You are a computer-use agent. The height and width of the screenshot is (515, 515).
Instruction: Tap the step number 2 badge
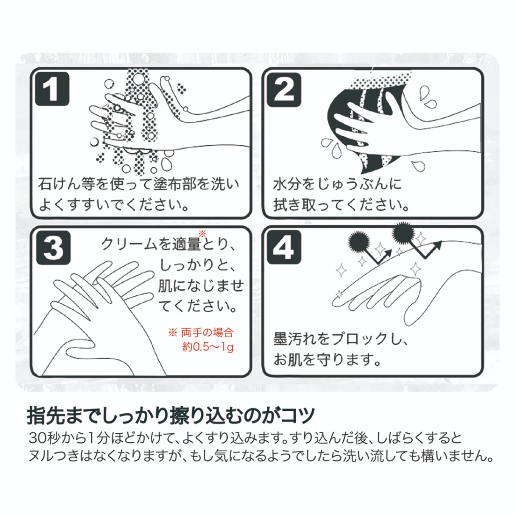tap(284, 90)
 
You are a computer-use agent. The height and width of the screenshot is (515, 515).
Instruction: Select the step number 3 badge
tap(53, 248)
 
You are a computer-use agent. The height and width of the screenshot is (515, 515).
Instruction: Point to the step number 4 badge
tap(284, 247)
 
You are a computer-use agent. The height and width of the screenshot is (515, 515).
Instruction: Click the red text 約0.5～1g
tap(208, 347)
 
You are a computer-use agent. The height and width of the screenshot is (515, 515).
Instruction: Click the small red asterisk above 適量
tap(202, 234)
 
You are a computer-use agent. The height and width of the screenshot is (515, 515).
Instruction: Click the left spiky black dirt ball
tap(359, 238)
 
